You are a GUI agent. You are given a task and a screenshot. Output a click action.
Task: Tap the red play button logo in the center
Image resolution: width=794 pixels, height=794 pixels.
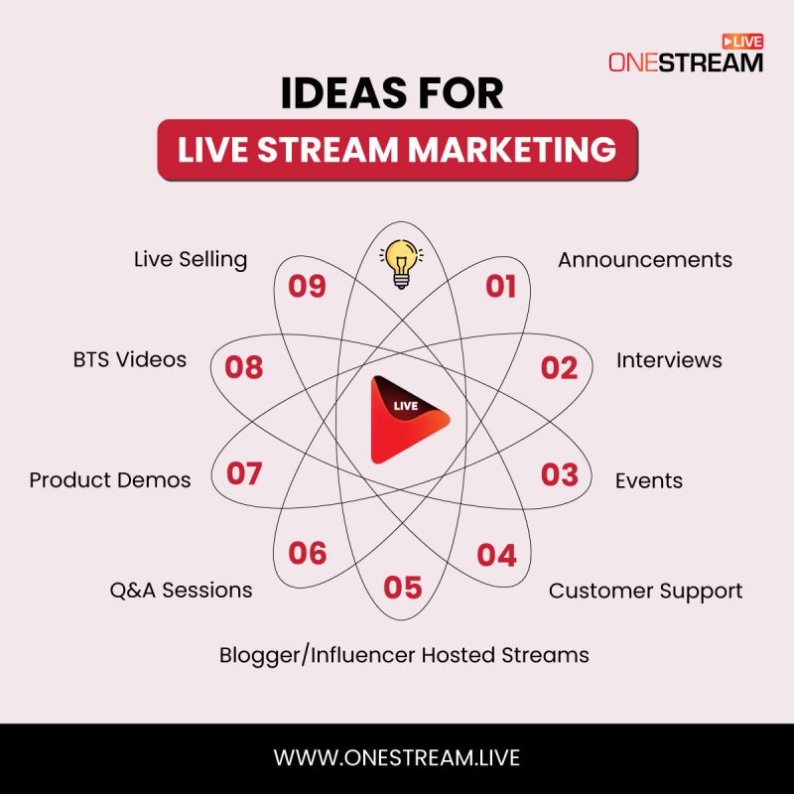coord(408,420)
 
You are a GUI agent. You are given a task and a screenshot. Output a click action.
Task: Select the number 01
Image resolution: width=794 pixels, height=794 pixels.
coord(501,287)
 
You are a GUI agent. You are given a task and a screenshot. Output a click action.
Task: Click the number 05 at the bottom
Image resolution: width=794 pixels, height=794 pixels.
coord(403,588)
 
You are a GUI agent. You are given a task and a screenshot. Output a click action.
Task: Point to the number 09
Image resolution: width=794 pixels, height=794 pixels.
coord(307,287)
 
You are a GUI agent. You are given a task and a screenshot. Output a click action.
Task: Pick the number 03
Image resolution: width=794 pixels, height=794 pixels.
coord(559,474)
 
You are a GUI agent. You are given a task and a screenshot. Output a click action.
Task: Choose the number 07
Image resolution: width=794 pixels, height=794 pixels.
coord(244,474)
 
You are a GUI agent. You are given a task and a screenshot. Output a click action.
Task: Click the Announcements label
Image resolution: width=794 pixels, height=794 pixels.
coord(644,260)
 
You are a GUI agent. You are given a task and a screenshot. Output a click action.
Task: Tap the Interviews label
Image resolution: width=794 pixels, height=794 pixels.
coord(669,360)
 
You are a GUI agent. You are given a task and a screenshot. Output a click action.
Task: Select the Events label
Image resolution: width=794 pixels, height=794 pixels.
coord(648,481)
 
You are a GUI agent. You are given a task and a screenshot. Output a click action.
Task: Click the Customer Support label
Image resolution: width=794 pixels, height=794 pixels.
coord(645,592)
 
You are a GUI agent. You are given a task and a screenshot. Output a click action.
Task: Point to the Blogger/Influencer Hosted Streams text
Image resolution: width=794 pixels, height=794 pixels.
coord(404,655)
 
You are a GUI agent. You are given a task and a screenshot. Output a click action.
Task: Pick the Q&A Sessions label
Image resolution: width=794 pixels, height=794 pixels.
coord(181,591)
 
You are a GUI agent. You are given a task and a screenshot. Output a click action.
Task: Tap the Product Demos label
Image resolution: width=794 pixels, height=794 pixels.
coord(110,480)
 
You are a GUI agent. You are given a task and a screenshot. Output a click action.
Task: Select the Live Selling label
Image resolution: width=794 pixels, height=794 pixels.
coord(191,260)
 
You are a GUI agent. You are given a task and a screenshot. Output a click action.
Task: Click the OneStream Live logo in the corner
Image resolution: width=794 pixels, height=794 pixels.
coord(686,56)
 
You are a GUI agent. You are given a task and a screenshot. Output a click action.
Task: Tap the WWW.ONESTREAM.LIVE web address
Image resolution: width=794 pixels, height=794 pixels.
coord(397,757)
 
